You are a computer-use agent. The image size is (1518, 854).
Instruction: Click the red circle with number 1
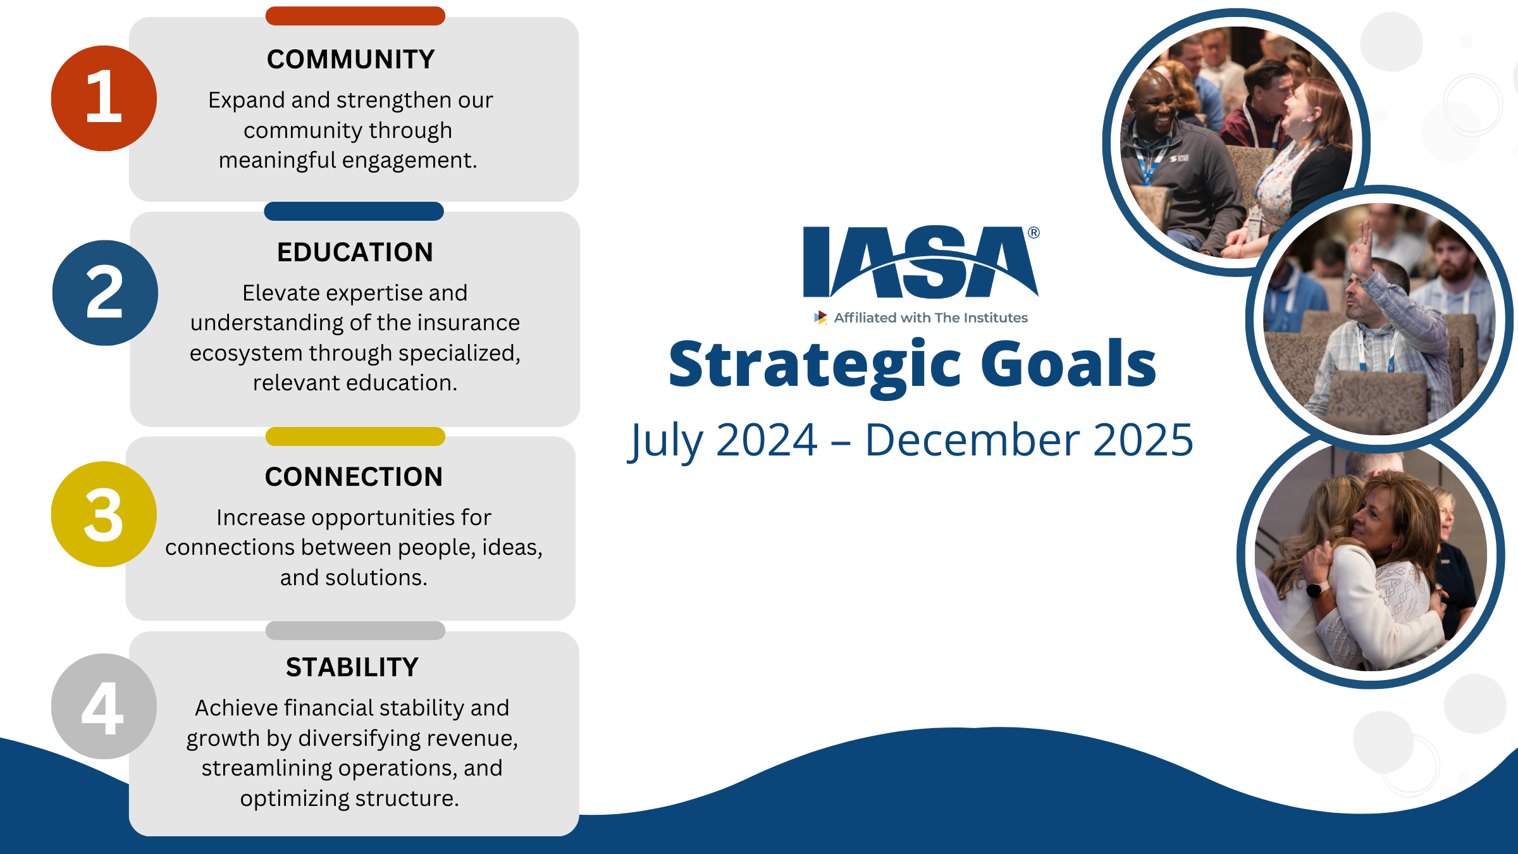click(x=104, y=98)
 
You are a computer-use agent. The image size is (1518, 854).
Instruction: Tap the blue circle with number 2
click(x=105, y=293)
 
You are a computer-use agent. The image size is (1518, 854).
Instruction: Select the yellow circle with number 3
click(x=104, y=514)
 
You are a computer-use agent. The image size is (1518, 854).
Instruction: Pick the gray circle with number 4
click(x=104, y=707)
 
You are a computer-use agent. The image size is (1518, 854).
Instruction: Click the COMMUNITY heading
click(x=350, y=59)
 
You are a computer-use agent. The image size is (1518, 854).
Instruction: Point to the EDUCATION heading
click(x=355, y=252)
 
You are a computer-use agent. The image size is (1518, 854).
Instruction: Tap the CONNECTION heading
click(x=354, y=477)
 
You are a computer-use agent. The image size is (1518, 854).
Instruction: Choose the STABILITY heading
click(x=352, y=667)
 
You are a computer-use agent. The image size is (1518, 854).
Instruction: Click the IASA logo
click(x=920, y=262)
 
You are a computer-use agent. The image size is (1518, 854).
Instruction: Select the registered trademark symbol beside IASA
click(x=1034, y=233)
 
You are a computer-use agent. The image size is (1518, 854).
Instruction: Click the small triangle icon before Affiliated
click(x=820, y=318)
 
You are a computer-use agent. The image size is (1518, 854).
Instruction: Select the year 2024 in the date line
click(x=767, y=440)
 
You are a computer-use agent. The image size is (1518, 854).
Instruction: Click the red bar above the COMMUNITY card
click(x=355, y=16)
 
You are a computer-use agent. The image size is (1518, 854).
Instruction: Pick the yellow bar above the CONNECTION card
click(x=355, y=436)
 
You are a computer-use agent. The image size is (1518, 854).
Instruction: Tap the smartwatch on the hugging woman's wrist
click(x=1313, y=590)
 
